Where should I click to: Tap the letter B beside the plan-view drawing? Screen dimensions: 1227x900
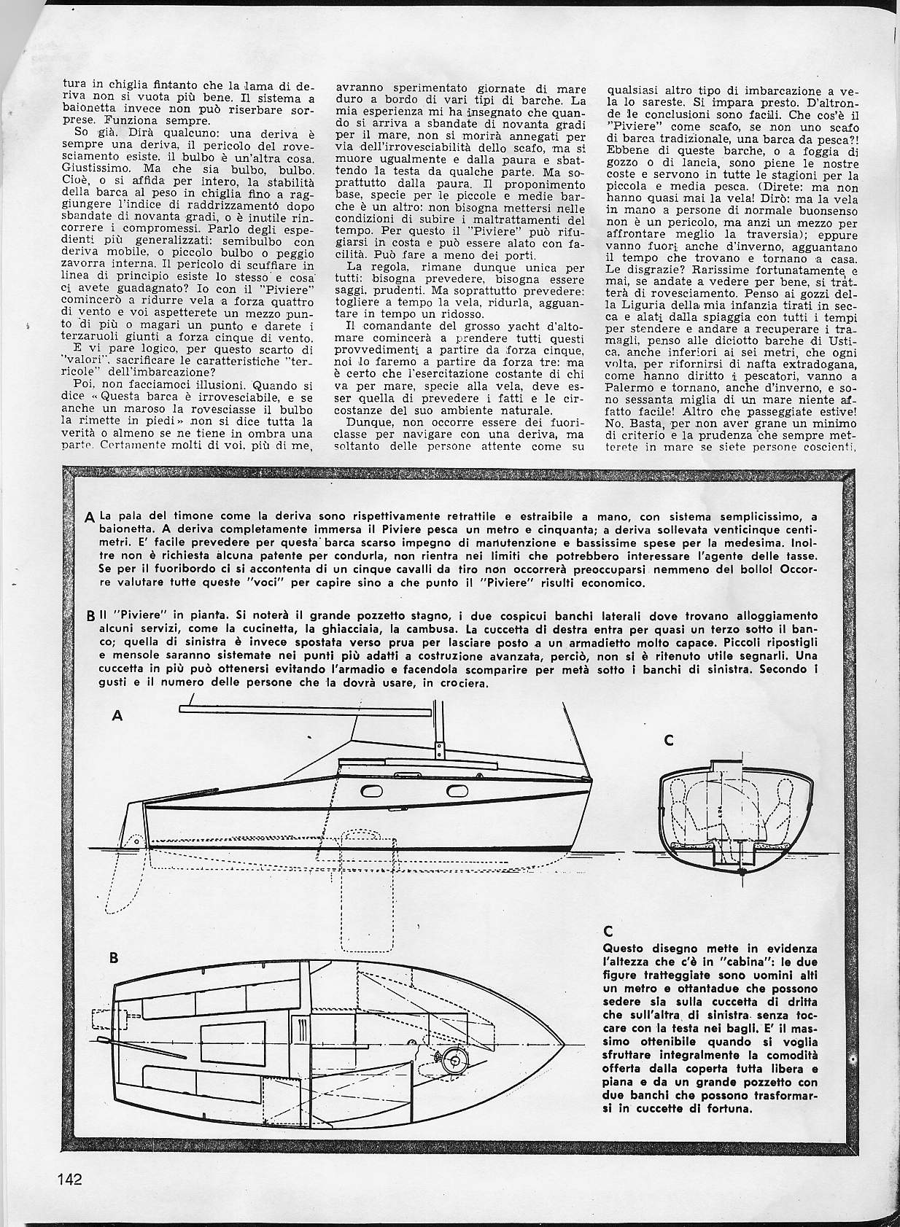(114, 958)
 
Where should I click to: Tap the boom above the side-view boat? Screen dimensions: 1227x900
(306, 707)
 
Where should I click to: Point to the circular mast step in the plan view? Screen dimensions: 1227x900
(457, 1059)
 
